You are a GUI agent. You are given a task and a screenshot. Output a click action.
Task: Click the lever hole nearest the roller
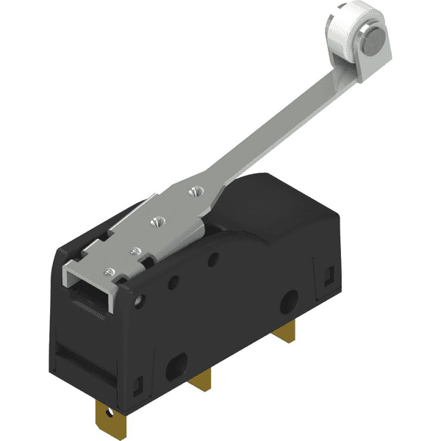point(195,193)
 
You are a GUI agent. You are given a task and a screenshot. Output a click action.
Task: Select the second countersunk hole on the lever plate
point(154,220)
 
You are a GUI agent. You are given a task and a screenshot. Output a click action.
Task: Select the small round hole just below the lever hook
point(138,299)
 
